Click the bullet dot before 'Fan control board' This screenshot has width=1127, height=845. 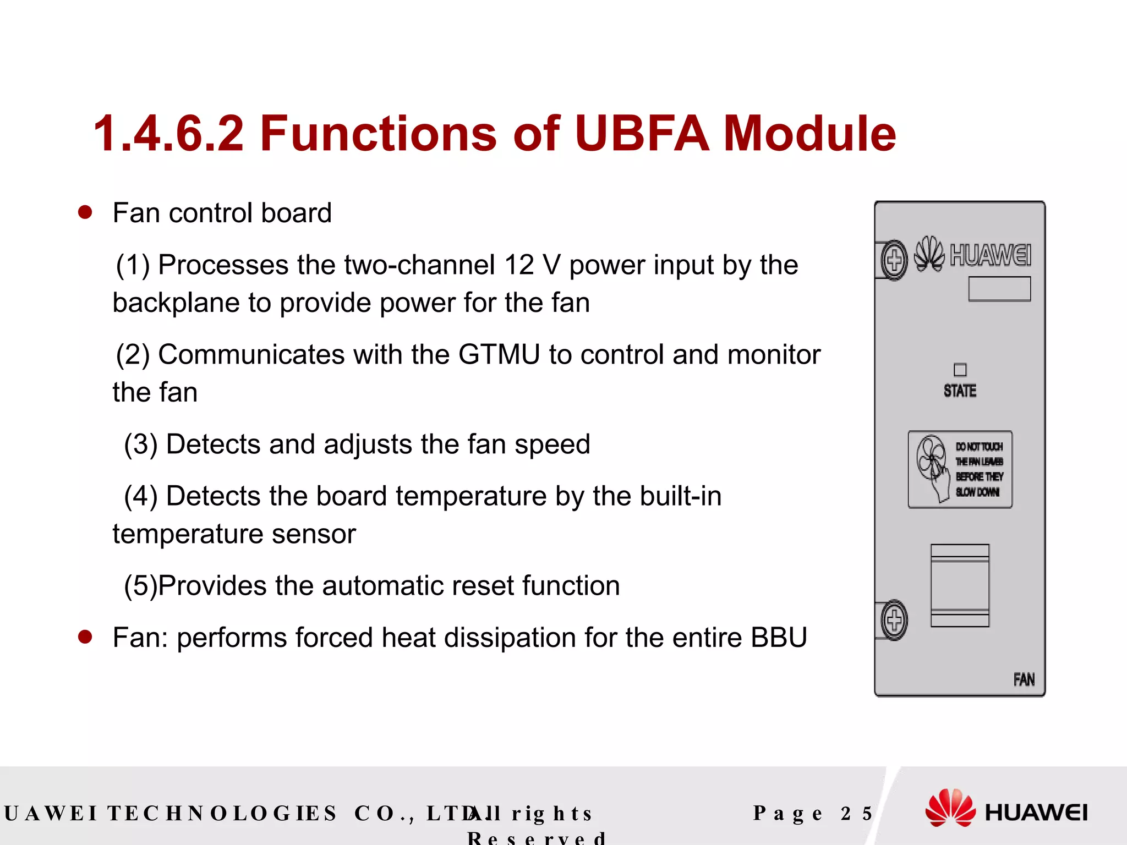[x=85, y=213]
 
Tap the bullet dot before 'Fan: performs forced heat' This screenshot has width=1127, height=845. [x=85, y=637]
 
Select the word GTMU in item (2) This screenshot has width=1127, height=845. [x=499, y=354]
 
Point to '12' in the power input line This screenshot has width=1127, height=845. [x=519, y=265]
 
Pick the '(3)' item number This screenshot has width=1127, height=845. [x=141, y=445]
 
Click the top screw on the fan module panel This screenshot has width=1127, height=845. [x=894, y=260]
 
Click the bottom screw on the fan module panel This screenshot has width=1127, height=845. [x=894, y=620]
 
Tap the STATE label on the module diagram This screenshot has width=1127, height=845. [x=960, y=391]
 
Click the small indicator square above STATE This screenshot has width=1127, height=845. [x=960, y=370]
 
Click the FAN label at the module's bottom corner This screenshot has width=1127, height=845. [x=1024, y=680]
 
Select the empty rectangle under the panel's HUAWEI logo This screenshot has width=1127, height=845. [x=999, y=289]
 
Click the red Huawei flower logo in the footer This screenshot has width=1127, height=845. [x=950, y=808]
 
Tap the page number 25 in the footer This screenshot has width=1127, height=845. [x=856, y=814]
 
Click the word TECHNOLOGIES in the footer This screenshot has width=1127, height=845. [x=222, y=814]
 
